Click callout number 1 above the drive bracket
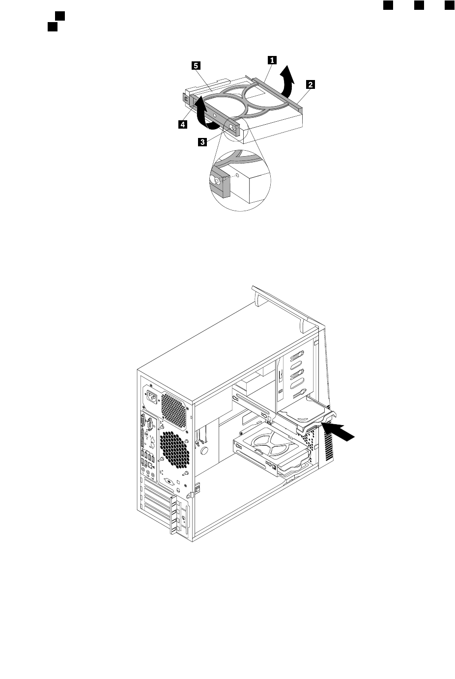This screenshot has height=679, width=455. pyautogui.click(x=271, y=60)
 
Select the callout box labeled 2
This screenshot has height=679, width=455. pyautogui.click(x=310, y=84)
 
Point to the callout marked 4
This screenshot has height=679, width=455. pyautogui.click(x=182, y=125)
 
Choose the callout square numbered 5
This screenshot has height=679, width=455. pyautogui.click(x=195, y=65)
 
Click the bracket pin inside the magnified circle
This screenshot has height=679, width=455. pyautogui.click(x=217, y=180)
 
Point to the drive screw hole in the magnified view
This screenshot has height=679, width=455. pyautogui.click(x=238, y=174)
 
